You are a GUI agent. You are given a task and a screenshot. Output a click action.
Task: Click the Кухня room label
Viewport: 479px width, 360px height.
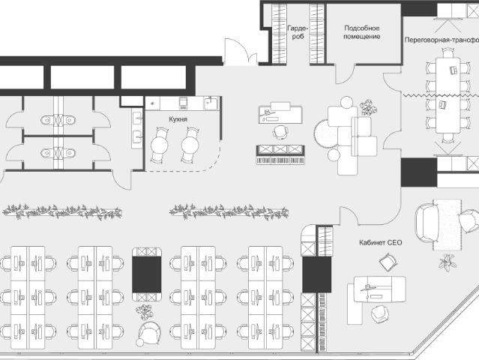click(x=178, y=119)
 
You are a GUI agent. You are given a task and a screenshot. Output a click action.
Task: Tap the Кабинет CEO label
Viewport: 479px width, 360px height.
click(x=380, y=243)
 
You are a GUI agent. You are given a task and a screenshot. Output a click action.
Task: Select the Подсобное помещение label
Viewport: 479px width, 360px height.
click(x=362, y=32)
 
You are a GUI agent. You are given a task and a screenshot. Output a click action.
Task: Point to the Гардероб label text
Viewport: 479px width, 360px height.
click(x=298, y=32)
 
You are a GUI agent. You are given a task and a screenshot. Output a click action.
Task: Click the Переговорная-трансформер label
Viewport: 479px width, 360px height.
click(x=442, y=40)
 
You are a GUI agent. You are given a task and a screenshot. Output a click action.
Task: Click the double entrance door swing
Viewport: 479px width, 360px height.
click(x=241, y=52)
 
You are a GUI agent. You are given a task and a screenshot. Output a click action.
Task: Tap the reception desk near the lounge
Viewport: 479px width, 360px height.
click(x=280, y=113)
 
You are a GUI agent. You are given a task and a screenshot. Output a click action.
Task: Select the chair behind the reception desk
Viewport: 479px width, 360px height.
click(x=280, y=132)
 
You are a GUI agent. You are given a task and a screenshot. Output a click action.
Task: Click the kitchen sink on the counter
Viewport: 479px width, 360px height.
click(x=211, y=103)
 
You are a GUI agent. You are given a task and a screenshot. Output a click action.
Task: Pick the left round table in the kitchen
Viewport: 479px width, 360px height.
click(x=159, y=145)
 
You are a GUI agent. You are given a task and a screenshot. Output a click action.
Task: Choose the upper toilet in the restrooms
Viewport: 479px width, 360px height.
click(x=58, y=120)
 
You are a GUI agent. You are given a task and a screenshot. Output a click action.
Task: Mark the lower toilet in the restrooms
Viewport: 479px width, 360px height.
click(x=58, y=152)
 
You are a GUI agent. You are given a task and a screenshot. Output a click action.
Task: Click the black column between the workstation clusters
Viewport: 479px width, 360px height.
click(x=147, y=274)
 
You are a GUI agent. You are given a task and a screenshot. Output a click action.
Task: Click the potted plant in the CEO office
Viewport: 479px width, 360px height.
click(x=448, y=262)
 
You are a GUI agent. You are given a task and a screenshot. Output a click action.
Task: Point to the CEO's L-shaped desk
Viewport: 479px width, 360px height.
click(x=376, y=293)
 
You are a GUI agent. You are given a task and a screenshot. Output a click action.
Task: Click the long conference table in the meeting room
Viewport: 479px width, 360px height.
click(x=448, y=94)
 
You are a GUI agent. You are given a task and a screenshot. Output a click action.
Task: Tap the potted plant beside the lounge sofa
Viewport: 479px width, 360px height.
click(x=368, y=107)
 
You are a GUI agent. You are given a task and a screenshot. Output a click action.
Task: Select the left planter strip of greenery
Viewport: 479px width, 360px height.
click(x=62, y=212)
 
